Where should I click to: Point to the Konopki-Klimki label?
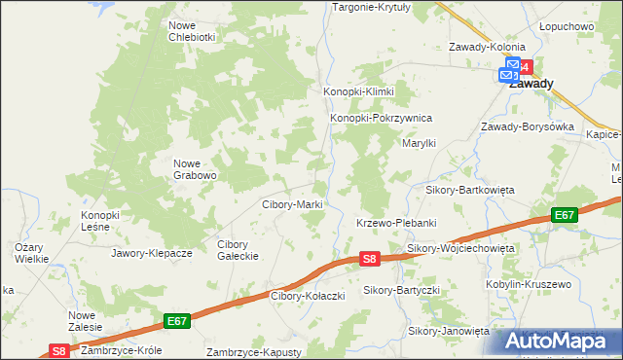[358, 91]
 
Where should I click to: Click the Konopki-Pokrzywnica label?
[381, 119]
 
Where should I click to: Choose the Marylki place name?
[420, 143]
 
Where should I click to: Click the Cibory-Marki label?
[293, 205]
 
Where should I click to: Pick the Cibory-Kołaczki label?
[306, 295]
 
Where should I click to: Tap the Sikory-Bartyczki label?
[402, 290]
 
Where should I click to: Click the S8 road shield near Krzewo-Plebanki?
[369, 259]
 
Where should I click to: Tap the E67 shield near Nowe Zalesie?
[176, 320]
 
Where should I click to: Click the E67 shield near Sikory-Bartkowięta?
[564, 215]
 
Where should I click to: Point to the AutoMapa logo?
[559, 341]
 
